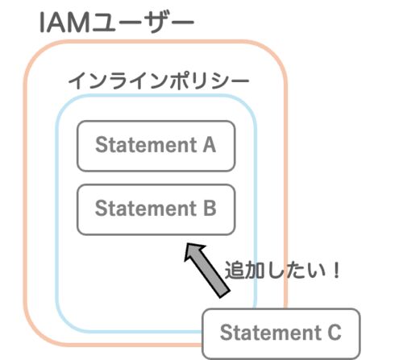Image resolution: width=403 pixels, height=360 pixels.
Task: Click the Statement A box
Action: pos(156,146)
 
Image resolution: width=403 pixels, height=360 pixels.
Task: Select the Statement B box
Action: pos(156,209)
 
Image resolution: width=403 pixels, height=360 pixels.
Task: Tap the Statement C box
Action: pos(281,333)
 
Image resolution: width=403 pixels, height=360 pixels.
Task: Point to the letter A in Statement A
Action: pos(210,145)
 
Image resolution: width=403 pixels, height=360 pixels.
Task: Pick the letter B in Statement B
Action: pos(210,209)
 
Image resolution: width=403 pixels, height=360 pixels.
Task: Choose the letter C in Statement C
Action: pos(334,333)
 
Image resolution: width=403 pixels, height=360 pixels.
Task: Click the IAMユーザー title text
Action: pos(116,23)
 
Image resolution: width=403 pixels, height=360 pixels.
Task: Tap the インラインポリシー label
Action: pos(159,81)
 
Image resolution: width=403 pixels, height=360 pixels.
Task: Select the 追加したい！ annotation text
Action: pos(282,270)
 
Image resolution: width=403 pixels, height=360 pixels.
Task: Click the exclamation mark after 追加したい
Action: pos(336,270)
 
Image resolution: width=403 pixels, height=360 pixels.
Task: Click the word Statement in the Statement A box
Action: pos(147,145)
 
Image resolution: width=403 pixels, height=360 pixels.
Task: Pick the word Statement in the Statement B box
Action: pos(147,209)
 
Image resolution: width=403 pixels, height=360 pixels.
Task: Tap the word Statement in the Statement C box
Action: pos(271,333)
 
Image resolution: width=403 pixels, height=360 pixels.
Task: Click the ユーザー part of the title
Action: pos(142,23)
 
